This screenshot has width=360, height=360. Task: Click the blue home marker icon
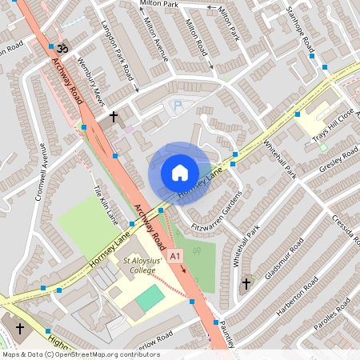[x=180, y=173]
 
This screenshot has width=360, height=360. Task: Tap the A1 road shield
[x=177, y=254]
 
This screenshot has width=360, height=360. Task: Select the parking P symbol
[x=178, y=106]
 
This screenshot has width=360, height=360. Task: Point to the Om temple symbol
[x=64, y=48]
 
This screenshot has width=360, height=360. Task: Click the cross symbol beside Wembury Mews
[x=114, y=118]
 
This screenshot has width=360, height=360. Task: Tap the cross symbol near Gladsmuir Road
[x=247, y=282]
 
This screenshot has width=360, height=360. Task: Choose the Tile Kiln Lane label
[x=106, y=205]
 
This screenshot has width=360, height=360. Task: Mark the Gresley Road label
[x=337, y=164]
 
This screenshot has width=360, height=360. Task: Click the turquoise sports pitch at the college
[x=147, y=301]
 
